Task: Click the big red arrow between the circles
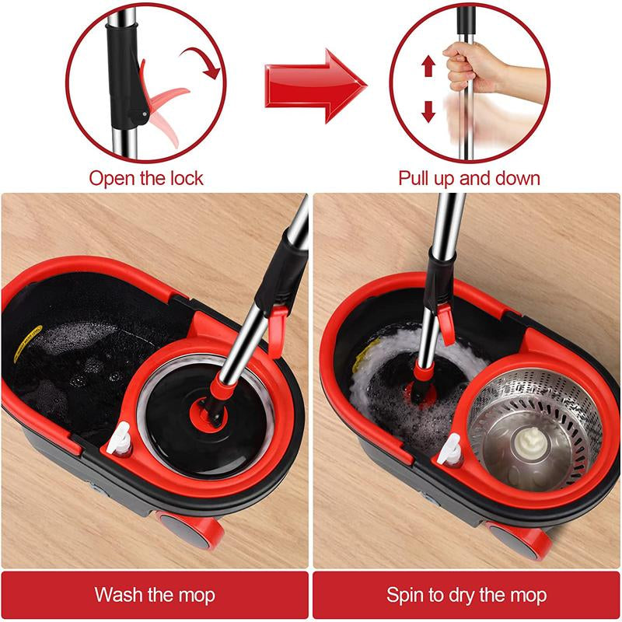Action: coord(311,86)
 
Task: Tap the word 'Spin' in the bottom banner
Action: coord(407,596)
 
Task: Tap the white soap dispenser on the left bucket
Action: coord(118,444)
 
